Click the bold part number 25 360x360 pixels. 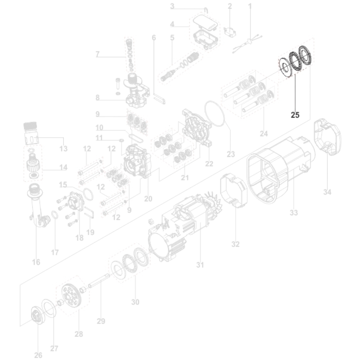point(295,115)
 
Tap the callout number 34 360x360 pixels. point(327,192)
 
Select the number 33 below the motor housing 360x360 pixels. point(294,213)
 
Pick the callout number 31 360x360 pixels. point(200,265)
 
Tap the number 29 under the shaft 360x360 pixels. point(101,321)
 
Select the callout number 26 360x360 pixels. point(38,355)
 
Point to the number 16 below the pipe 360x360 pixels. point(36,262)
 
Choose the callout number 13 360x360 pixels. point(63,149)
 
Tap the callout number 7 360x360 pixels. point(97,54)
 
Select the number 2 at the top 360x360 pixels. point(230,6)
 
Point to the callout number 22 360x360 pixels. point(209,164)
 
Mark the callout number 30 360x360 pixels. point(135,302)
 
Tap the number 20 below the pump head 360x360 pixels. point(148,198)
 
